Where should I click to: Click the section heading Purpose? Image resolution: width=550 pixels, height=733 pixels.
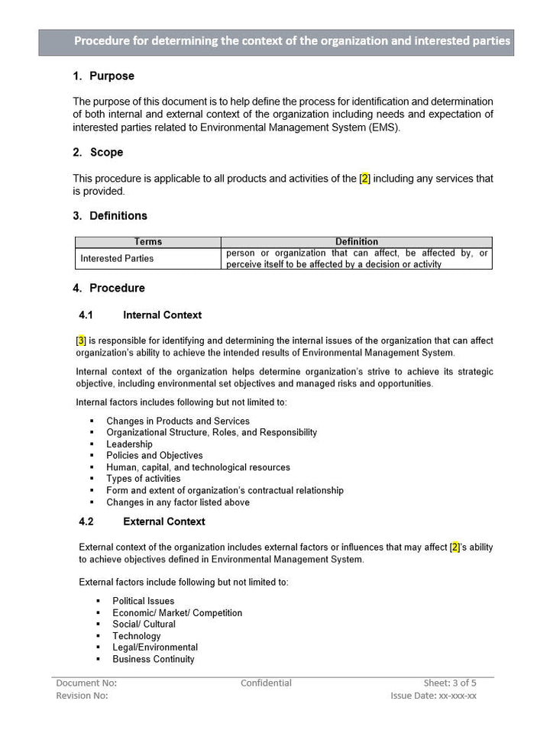tap(112, 76)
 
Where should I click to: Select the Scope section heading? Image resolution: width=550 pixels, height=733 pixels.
tap(106, 153)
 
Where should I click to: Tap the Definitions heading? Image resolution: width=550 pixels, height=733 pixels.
tap(118, 216)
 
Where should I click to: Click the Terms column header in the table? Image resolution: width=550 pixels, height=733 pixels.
tap(148, 242)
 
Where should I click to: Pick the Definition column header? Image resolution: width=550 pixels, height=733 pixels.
tap(357, 242)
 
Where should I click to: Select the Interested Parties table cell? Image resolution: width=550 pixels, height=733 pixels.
tap(117, 259)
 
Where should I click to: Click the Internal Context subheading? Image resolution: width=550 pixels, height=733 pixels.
tap(162, 315)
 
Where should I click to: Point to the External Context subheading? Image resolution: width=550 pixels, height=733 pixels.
tap(163, 522)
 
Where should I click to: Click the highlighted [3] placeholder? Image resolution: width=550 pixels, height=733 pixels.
tap(81, 341)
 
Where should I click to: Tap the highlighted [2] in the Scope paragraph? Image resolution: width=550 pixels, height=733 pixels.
tap(365, 179)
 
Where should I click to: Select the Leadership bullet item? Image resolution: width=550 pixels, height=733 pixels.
tap(129, 444)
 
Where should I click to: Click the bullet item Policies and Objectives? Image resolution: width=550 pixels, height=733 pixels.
tap(154, 456)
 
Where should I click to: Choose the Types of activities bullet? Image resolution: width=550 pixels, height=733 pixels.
tap(144, 479)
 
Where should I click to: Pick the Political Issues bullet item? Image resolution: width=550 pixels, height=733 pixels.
tap(143, 602)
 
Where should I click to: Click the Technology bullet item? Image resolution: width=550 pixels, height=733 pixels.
tap(137, 636)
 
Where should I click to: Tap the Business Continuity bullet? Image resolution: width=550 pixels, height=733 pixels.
tap(154, 659)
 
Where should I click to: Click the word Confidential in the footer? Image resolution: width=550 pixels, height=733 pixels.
tap(266, 683)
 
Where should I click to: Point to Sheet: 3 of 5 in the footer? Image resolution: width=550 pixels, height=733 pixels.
tap(450, 683)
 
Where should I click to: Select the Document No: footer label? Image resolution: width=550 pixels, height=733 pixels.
tap(86, 683)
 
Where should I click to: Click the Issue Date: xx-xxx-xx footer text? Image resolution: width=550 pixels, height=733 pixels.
tap(433, 696)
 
